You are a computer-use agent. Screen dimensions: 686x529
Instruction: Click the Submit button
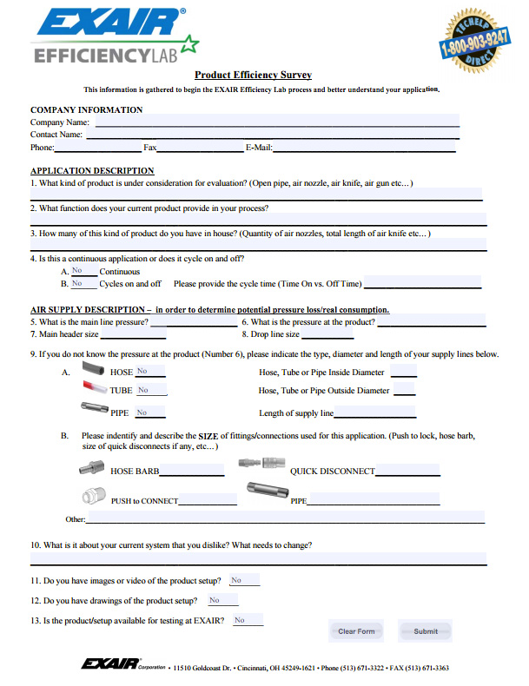[x=426, y=631]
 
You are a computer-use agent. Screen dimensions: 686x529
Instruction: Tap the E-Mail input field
[x=365, y=148]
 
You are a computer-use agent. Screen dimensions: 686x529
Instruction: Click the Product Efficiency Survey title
[x=253, y=76]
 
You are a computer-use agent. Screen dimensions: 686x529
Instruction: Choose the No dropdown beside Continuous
[x=83, y=271]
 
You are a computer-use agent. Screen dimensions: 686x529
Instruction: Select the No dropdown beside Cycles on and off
[x=83, y=283]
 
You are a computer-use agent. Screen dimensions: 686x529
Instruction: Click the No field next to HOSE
[x=149, y=371]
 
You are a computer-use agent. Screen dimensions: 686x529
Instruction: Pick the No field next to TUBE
[x=149, y=391]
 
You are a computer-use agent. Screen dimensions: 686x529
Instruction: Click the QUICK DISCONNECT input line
[x=407, y=471]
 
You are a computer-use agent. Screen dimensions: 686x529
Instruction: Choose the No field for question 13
[x=247, y=620]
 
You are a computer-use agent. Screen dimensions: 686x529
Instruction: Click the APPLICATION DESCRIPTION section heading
[x=92, y=171]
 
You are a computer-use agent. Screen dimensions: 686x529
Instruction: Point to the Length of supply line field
[x=374, y=413]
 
